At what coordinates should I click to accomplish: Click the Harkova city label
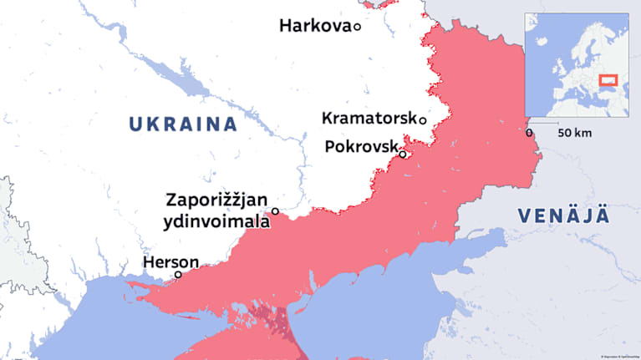click(x=314, y=27)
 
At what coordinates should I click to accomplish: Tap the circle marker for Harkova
click(x=357, y=27)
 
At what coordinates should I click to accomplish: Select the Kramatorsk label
click(x=369, y=119)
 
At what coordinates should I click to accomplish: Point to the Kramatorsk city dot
click(x=423, y=120)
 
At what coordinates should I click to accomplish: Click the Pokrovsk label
click(x=360, y=147)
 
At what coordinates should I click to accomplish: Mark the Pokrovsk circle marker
click(x=403, y=154)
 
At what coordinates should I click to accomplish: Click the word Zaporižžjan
click(x=216, y=200)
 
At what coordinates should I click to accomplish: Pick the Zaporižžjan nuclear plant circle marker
click(x=275, y=211)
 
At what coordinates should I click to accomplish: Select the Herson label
click(x=170, y=261)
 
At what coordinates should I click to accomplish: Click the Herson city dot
click(x=178, y=275)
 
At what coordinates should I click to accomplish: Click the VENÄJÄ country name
click(x=562, y=215)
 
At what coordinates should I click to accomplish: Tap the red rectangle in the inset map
click(x=608, y=81)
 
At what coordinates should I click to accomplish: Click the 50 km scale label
click(x=575, y=133)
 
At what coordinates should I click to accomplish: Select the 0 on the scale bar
click(x=530, y=133)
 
